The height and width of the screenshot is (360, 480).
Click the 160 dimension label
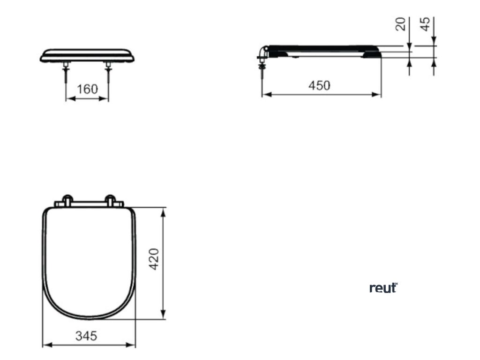(x=87, y=89)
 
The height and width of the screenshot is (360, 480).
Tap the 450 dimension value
(x=319, y=85)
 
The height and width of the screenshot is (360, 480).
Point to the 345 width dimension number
(x=86, y=336)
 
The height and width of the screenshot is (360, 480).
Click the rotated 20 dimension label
(x=401, y=24)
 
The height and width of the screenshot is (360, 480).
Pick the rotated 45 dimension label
(x=426, y=24)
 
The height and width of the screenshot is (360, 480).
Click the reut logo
(x=383, y=288)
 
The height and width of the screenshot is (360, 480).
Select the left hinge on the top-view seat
(x=67, y=200)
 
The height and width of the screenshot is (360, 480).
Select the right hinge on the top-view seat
(x=111, y=200)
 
